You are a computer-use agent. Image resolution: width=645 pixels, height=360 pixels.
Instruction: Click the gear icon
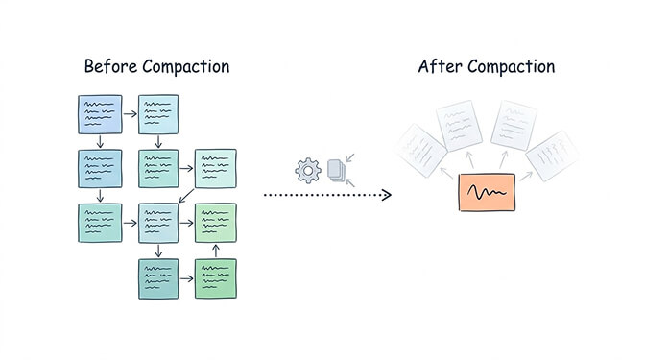coord(308,171)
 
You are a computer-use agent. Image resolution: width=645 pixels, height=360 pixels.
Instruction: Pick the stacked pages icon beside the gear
coord(335,171)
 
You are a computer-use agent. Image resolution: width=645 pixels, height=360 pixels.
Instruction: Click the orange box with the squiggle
coord(487,194)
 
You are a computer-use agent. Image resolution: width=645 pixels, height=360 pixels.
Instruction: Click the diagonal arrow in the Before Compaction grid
coord(191,196)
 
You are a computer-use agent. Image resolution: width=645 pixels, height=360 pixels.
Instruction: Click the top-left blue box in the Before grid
coord(100,113)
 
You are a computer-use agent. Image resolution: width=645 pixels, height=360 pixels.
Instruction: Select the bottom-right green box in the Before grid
coord(215,278)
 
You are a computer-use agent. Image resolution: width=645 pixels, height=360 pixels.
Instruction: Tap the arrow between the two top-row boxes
coord(131,113)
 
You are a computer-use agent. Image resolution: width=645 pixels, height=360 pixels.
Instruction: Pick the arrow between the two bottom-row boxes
coord(186,278)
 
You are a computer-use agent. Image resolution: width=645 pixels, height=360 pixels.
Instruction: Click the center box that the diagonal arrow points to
coord(158,223)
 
